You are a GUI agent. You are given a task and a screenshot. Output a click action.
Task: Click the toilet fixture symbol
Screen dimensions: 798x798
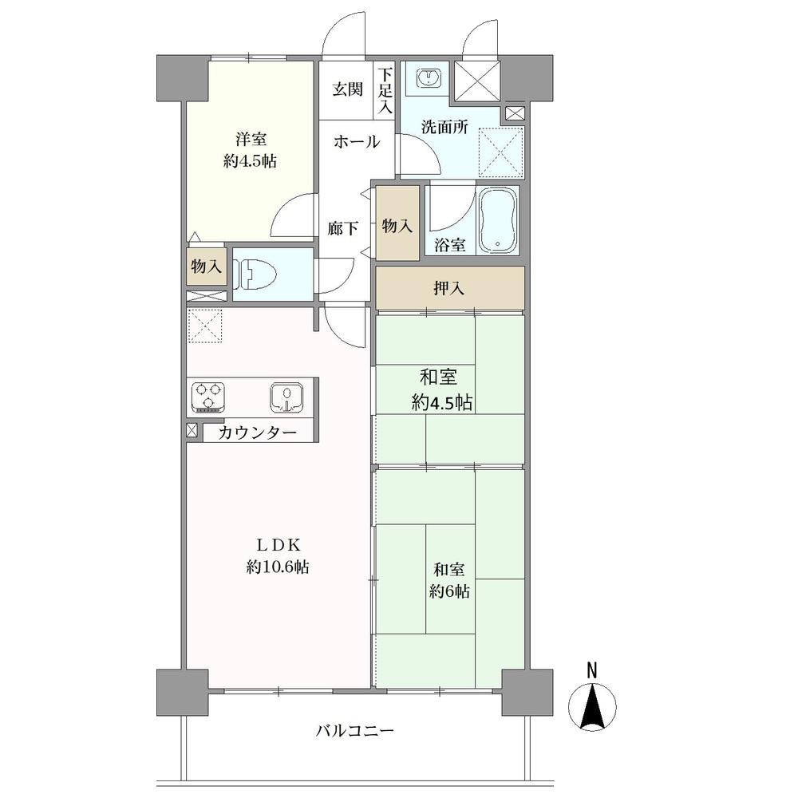pyautogui.click(x=255, y=275)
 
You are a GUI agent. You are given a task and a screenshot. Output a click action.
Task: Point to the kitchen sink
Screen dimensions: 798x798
pyautogui.click(x=287, y=396)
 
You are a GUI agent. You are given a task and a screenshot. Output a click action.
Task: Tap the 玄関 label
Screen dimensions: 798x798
pyautogui.click(x=348, y=89)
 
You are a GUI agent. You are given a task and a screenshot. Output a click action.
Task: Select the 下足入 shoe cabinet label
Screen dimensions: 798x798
pyautogui.click(x=385, y=91)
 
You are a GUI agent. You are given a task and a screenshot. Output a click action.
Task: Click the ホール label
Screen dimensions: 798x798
pyautogui.click(x=356, y=141)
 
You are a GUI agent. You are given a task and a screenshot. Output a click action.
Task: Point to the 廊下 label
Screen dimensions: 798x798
pyautogui.click(x=342, y=229)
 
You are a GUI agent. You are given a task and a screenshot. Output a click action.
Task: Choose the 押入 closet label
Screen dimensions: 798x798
pyautogui.click(x=448, y=289)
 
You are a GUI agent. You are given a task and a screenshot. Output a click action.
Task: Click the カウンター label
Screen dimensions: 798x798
pyautogui.click(x=258, y=433)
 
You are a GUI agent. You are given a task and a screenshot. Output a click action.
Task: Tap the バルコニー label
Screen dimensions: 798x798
pyautogui.click(x=355, y=731)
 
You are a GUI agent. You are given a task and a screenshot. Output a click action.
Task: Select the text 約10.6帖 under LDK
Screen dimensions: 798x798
pyautogui.click(x=278, y=567)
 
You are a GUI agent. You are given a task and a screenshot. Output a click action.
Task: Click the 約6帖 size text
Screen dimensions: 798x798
pyautogui.click(x=448, y=591)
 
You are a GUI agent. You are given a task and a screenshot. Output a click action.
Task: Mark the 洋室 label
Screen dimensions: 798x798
pyautogui.click(x=251, y=139)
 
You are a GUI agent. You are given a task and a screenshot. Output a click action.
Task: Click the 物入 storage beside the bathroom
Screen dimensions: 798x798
pyautogui.click(x=397, y=226)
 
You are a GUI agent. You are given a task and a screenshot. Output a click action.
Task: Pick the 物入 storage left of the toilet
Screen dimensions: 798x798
pyautogui.click(x=206, y=266)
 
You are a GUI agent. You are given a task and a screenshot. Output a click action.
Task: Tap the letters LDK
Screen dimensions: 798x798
pyautogui.click(x=278, y=545)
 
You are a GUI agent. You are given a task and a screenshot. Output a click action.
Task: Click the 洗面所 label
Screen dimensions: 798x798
pyautogui.click(x=444, y=127)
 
